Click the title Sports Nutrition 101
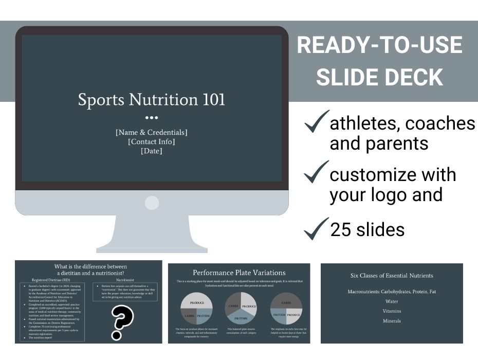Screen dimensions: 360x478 [x=152, y=99]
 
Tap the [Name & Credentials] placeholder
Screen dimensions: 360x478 [x=152, y=132]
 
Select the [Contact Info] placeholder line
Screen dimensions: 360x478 [x=152, y=141]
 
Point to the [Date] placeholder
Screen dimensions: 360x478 [x=152, y=151]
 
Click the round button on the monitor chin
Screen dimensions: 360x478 [x=152, y=203]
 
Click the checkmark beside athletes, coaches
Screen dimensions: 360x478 [x=316, y=122]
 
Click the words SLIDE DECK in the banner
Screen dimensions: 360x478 [x=379, y=77]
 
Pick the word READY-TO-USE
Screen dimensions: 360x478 [x=379, y=46]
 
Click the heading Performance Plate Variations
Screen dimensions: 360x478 [x=239, y=273]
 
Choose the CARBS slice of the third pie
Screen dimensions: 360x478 [x=286, y=302]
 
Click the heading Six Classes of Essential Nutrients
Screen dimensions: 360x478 [x=392, y=276]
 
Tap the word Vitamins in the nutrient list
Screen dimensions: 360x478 [x=392, y=311]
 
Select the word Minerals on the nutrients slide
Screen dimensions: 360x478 [x=392, y=321]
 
